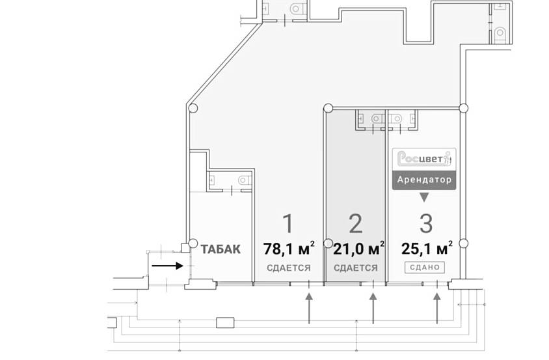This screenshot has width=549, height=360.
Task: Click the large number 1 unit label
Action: point(288,223)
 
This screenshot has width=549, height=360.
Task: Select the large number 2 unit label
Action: point(355,223)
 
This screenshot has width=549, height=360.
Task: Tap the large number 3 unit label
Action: point(425,223)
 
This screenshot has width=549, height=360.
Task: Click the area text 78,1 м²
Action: point(289,248)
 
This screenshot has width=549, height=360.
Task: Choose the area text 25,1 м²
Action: point(427,248)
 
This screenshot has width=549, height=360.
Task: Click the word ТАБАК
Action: point(221,249)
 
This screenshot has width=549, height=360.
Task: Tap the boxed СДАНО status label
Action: point(425,267)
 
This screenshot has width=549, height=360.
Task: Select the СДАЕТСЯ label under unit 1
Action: point(288,268)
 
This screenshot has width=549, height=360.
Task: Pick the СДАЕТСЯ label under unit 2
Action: point(356,268)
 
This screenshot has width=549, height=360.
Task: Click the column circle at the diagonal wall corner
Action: point(192,108)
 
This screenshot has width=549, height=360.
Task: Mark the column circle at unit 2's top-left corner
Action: point(328,108)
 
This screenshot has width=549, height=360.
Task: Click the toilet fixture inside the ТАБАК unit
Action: point(243,180)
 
